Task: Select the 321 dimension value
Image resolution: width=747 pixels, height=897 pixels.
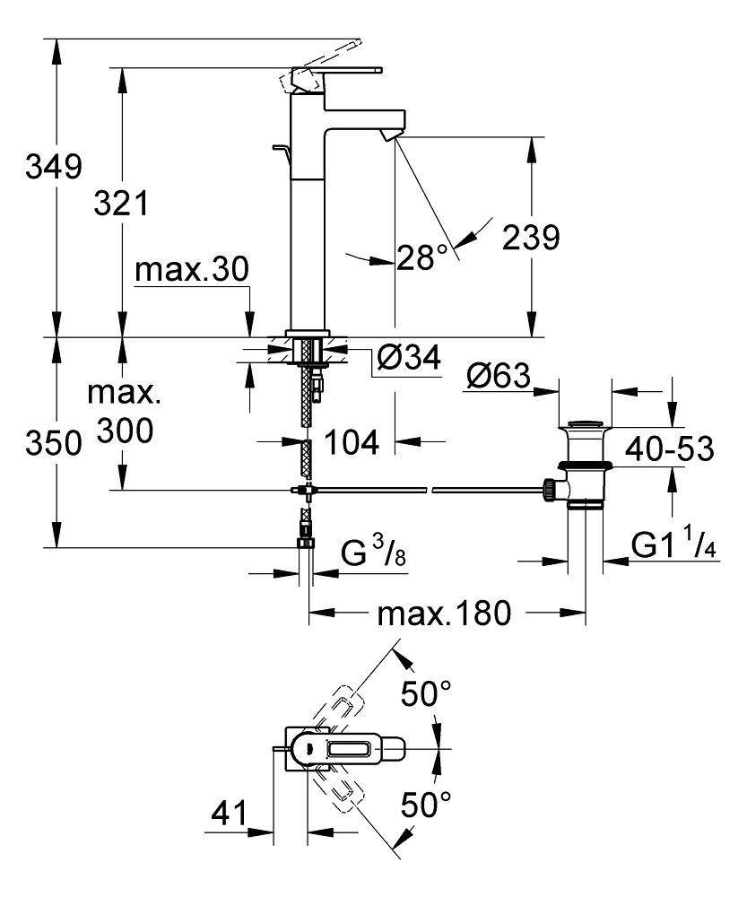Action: point(122,205)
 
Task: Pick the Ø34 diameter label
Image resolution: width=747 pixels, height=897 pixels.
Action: point(407,359)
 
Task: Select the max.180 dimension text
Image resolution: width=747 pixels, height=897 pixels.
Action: point(444,614)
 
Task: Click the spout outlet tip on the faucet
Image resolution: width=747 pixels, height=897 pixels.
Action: point(387,135)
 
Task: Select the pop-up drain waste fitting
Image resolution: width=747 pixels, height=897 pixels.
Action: point(585,466)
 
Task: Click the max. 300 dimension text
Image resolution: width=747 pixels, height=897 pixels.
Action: point(122,413)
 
